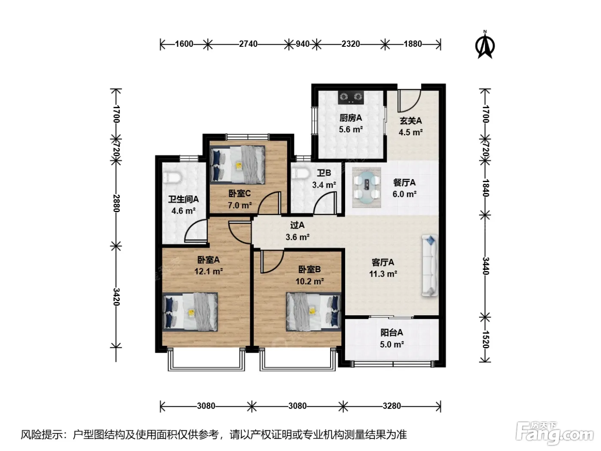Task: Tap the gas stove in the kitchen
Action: (x=351, y=97)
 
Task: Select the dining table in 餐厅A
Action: (x=367, y=187)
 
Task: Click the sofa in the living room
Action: (x=430, y=265)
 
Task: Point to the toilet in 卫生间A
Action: (x=171, y=177)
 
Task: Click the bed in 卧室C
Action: (x=237, y=165)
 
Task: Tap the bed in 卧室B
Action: (x=313, y=312)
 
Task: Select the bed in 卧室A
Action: (x=190, y=312)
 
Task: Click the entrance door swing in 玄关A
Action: (x=410, y=101)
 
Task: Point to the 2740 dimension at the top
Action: (x=248, y=44)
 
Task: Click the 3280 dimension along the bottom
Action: (x=392, y=406)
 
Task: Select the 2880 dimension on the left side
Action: (x=116, y=203)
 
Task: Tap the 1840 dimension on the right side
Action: (x=485, y=188)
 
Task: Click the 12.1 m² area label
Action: (x=209, y=271)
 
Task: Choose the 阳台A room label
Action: (x=392, y=333)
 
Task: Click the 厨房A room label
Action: (x=351, y=118)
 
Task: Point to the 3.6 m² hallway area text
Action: (x=297, y=237)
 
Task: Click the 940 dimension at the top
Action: (x=302, y=44)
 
